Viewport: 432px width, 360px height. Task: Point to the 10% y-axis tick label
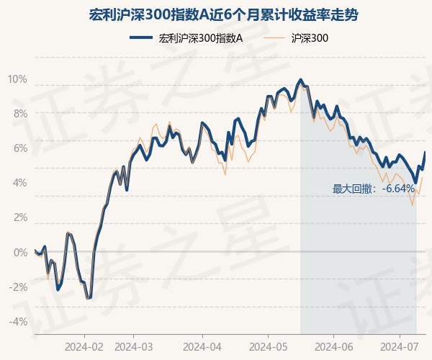[x=17, y=79]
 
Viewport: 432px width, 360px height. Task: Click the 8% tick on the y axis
[x=19, y=114]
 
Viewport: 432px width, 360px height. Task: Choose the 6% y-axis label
[x=19, y=148]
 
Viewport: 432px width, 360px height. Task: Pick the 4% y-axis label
[x=19, y=183]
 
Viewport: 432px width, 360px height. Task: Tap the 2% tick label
[x=19, y=217]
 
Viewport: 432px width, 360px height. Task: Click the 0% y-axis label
[x=19, y=252]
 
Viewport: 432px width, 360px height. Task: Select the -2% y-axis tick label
[x=18, y=287]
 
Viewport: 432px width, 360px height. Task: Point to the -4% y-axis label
[x=18, y=321]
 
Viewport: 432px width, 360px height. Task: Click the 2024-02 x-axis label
[x=84, y=346]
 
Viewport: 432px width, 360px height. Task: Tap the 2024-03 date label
[x=135, y=346]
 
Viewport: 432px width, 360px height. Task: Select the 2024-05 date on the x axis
[x=267, y=346]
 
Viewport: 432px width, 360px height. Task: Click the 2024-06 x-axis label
[x=333, y=346]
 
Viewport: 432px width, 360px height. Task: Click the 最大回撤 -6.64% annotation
[x=373, y=189]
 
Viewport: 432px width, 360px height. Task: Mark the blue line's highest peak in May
[x=300, y=79]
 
